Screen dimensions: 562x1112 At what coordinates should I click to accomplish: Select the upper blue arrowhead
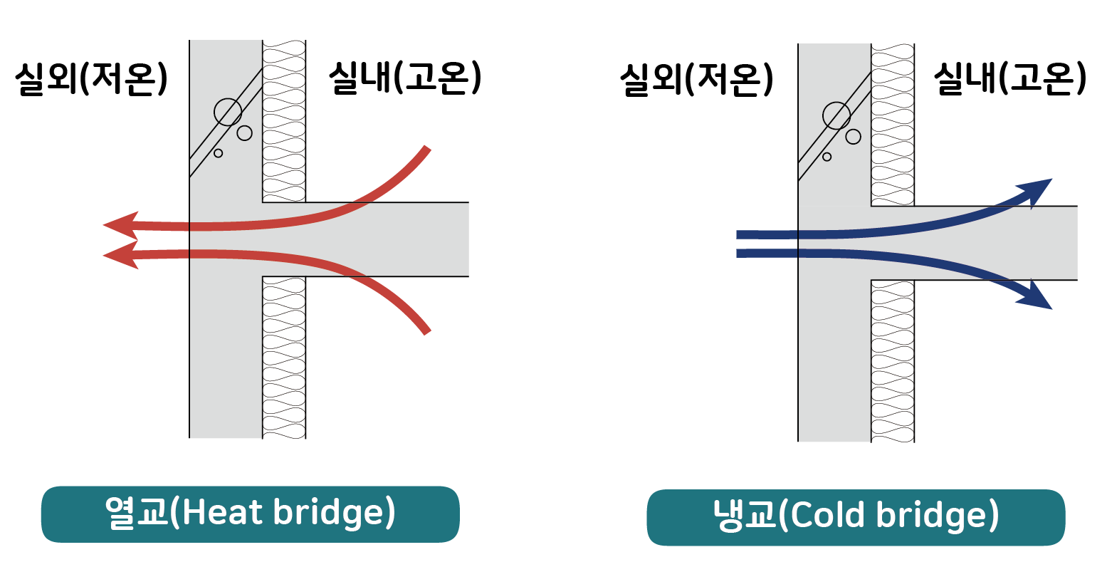pyautogui.click(x=1036, y=190)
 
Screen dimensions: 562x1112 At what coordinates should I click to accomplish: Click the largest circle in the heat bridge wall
pyautogui.click(x=228, y=112)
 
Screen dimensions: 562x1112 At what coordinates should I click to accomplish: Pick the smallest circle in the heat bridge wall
pyautogui.click(x=219, y=153)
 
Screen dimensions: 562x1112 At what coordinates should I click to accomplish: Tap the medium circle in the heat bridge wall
pyautogui.click(x=245, y=133)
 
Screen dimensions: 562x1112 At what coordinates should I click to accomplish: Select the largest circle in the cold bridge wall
pyautogui.click(x=836, y=115)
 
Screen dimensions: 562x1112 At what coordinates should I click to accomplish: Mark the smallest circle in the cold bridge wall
pyautogui.click(x=827, y=157)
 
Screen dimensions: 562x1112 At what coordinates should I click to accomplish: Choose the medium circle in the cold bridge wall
pyautogui.click(x=854, y=137)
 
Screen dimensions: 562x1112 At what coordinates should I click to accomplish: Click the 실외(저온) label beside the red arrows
pyautogui.click(x=91, y=78)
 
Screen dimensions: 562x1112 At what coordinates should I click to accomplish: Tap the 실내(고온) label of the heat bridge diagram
pyautogui.click(x=404, y=78)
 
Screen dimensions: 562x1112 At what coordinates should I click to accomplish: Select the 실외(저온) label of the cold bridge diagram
pyautogui.click(x=696, y=79)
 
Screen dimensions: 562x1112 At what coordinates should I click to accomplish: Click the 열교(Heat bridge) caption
pyautogui.click(x=251, y=514)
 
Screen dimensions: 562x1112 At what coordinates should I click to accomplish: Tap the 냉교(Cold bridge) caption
pyautogui.click(x=856, y=516)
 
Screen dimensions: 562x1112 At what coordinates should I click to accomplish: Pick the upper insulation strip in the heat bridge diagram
pyautogui.click(x=284, y=121)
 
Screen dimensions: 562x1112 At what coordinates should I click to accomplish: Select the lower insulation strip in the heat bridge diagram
pyautogui.click(x=284, y=356)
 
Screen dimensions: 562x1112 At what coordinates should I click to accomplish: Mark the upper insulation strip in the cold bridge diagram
pyautogui.click(x=893, y=125)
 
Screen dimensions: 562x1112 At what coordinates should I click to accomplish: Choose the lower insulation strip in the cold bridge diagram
pyautogui.click(x=893, y=360)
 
